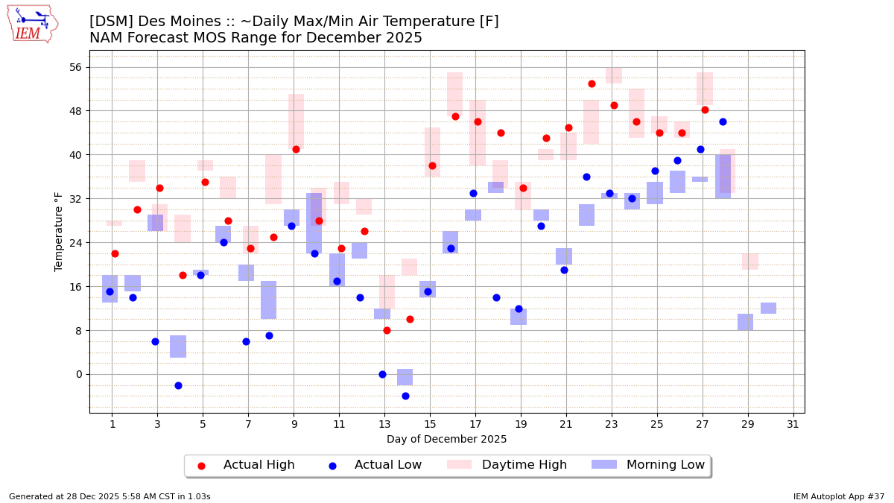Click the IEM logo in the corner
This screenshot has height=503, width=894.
pos(32,24)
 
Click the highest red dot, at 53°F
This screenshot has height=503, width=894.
pos(592,83)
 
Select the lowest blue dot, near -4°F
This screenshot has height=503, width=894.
pos(405,396)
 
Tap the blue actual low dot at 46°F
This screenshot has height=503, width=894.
pos(723,121)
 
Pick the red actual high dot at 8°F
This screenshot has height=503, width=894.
pos(387,330)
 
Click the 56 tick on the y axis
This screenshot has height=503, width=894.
pos(75,67)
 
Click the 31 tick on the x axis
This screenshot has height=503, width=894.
pos(793,425)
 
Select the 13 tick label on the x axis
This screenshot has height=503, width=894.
pos(384,425)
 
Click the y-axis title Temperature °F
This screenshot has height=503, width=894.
pos(59,231)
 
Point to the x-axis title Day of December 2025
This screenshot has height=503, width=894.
pos(446,440)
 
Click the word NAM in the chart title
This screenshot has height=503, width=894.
pos(107,38)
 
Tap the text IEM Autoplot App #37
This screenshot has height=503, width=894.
pos(838,496)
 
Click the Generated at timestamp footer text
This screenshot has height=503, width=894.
pos(110,496)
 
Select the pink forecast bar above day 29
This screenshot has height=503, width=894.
pos(750,262)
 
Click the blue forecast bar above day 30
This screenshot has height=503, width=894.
pos(768,308)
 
